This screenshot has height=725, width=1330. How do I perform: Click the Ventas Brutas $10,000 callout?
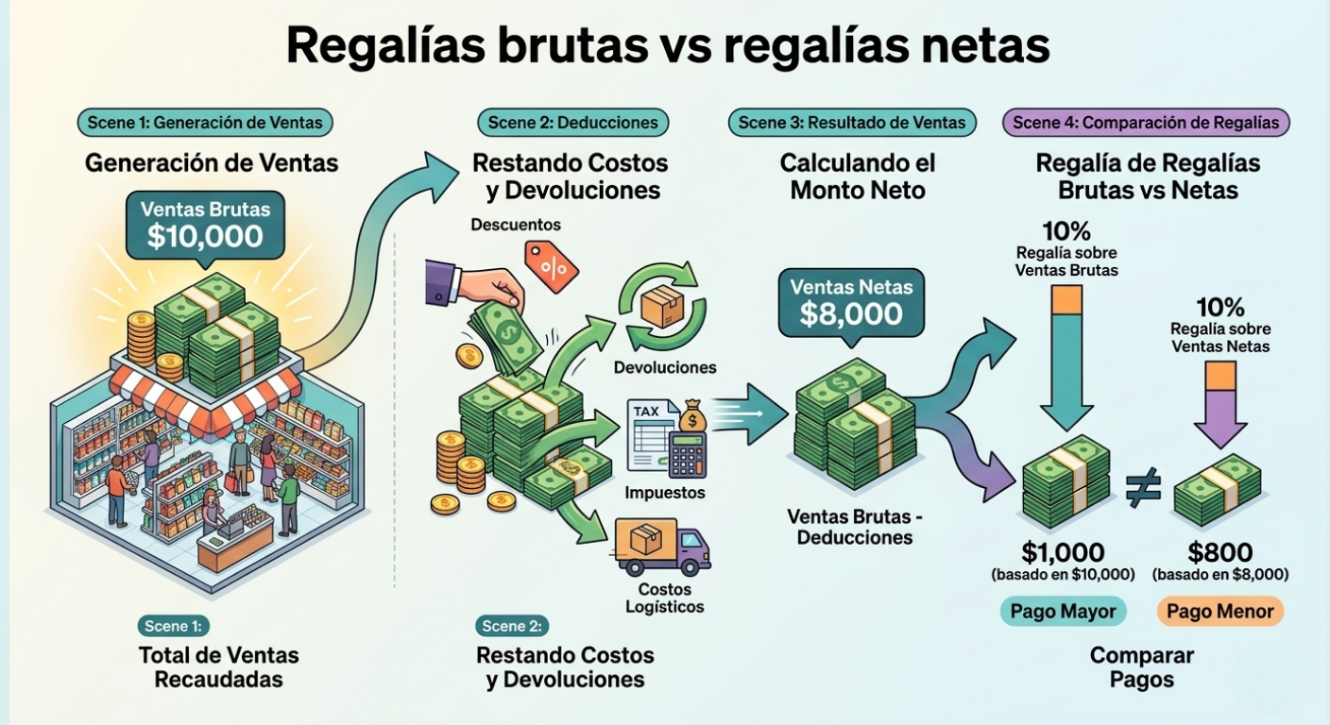[205, 226]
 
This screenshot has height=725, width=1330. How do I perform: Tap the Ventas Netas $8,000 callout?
[851, 302]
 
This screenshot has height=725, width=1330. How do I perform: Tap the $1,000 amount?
[1063, 552]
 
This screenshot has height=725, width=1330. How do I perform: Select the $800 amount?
[1220, 552]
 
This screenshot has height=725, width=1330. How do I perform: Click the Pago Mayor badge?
[1063, 611]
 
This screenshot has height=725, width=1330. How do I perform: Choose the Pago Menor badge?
[1219, 611]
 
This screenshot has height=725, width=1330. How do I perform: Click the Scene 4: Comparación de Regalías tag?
[1146, 122]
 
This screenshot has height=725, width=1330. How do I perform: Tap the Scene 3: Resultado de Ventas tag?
[852, 122]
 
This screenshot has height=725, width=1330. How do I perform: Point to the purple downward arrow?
[1220, 408]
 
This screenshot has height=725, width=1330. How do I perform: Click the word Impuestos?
[665, 493]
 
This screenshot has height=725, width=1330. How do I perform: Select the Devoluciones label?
[665, 367]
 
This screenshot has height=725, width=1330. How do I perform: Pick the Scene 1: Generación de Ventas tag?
[205, 122]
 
